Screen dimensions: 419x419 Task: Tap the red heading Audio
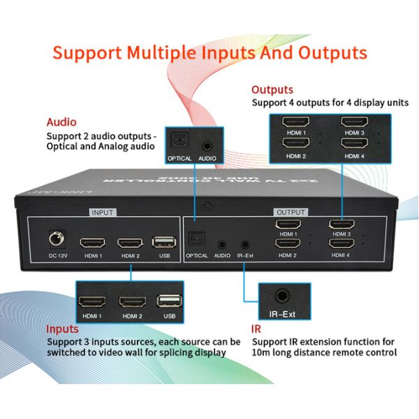(61, 122)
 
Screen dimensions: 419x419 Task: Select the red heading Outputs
(272, 89)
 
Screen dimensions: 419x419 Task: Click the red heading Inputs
(62, 329)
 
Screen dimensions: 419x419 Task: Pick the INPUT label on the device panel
(102, 211)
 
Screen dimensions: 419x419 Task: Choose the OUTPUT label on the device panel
(291, 211)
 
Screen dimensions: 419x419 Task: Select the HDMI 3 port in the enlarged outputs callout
(353, 122)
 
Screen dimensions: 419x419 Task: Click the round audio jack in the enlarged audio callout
(207, 146)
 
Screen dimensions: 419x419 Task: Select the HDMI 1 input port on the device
(92, 243)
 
